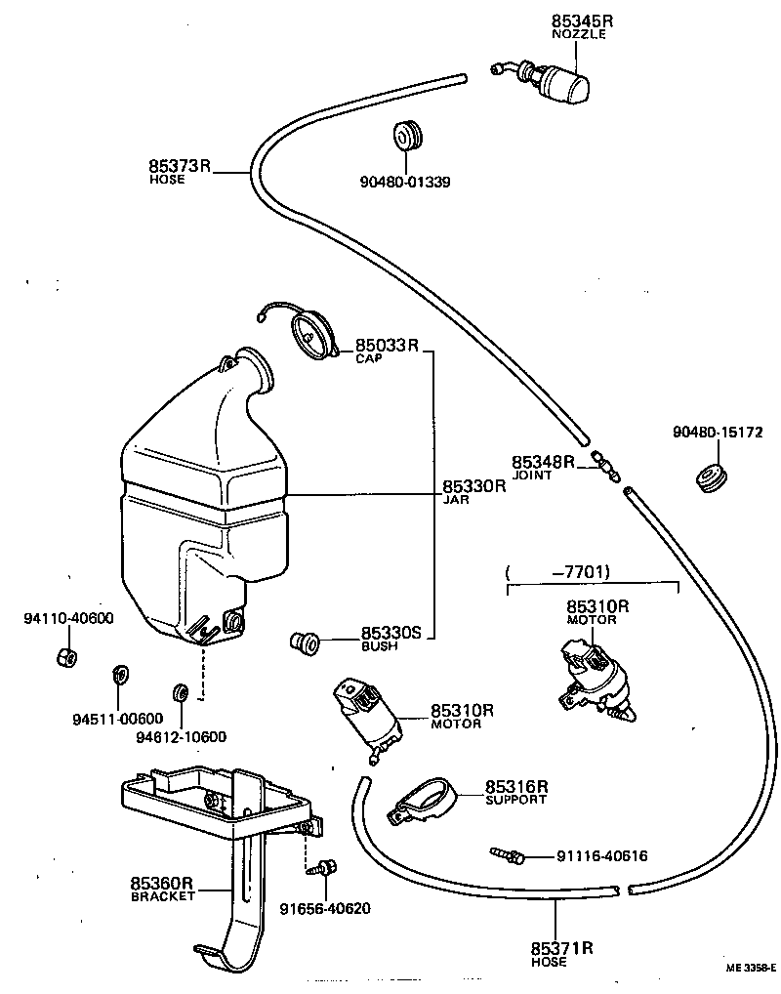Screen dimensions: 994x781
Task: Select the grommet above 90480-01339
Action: [408, 136]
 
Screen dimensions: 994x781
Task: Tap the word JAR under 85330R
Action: [456, 499]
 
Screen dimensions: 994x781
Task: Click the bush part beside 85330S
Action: [305, 642]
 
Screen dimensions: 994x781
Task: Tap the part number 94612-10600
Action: [181, 737]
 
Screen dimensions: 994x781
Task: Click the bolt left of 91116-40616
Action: [508, 855]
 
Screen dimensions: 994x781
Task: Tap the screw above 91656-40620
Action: [326, 865]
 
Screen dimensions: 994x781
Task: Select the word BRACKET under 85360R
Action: [163, 897]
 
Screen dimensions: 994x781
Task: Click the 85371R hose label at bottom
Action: [563, 948]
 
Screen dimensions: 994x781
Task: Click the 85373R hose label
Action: [180, 167]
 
